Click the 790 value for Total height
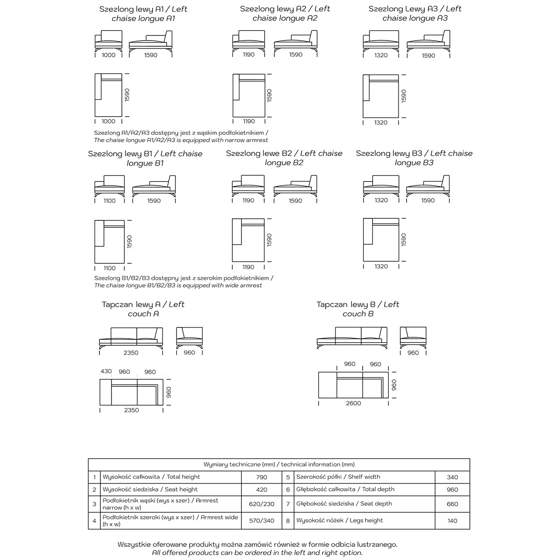click(x=262, y=477)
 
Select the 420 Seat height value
click(x=262, y=490)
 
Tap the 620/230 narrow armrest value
click(x=262, y=504)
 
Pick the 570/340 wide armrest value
click(x=262, y=521)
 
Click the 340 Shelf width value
click(x=452, y=477)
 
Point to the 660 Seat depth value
click(x=452, y=504)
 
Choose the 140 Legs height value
click(x=452, y=521)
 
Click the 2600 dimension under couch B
click(x=353, y=403)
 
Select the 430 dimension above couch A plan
click(x=106, y=371)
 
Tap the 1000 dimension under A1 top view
click(x=108, y=121)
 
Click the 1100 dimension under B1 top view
click(x=109, y=268)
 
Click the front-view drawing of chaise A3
click(x=381, y=42)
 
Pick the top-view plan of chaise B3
click(x=381, y=239)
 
